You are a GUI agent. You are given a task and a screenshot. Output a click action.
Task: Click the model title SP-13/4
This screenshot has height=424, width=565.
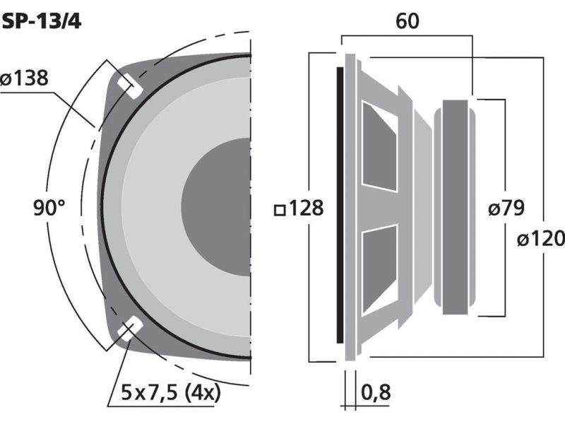coord(41,22)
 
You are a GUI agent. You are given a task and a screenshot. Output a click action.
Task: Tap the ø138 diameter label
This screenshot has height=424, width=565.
coord(25,78)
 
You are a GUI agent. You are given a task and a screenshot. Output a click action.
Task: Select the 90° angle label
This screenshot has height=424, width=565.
coord(49,208)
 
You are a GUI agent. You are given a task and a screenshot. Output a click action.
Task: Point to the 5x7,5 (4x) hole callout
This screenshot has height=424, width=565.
coord(170,392)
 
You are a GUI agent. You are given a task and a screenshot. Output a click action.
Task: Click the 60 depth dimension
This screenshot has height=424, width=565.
coord(408,21)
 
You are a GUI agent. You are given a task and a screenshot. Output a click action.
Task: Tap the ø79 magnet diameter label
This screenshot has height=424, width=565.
coord(506,208)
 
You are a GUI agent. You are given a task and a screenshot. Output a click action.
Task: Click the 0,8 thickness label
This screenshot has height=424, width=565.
coord(376,392)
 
